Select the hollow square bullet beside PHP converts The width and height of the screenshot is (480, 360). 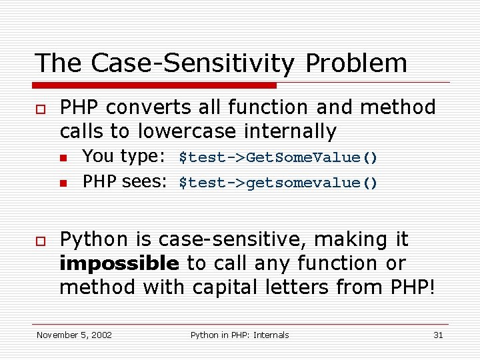[40, 109]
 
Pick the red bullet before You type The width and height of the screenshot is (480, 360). [63, 159]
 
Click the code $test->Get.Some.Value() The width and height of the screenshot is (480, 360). [278, 158]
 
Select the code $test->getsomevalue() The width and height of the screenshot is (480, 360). [278, 183]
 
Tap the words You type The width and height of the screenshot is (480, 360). [123, 157]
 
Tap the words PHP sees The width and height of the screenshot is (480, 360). [123, 181]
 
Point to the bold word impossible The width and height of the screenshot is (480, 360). [119, 264]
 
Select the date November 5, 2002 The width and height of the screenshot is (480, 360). [74, 335]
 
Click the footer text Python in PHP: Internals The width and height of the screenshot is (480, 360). [239, 335]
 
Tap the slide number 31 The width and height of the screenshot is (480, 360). [438, 335]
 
